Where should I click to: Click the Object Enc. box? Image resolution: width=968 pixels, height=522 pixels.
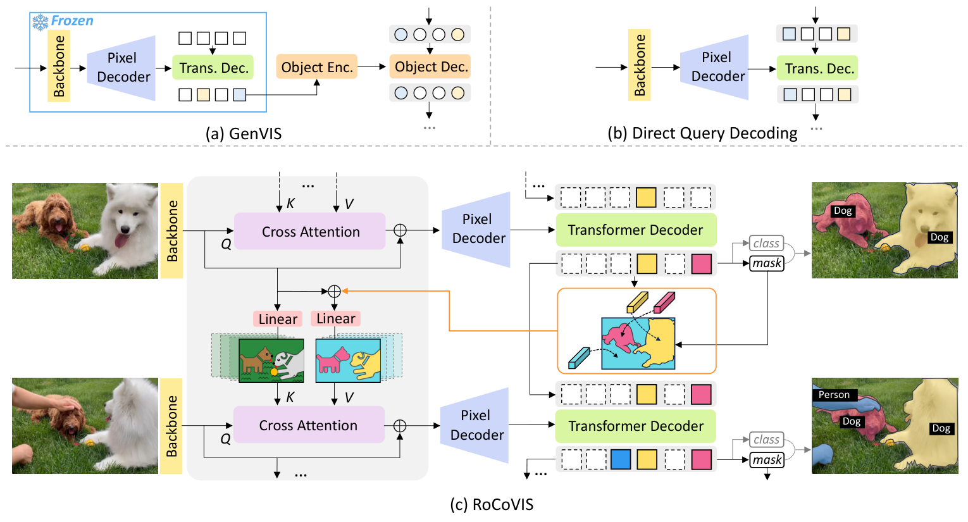tap(316, 67)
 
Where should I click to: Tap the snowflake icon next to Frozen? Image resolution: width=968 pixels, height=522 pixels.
tap(40, 22)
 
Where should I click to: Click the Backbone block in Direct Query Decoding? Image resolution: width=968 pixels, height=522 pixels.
tap(640, 65)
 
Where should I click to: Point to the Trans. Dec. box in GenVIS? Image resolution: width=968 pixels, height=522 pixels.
tap(213, 68)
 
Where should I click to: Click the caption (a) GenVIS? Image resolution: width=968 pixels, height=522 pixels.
tap(243, 134)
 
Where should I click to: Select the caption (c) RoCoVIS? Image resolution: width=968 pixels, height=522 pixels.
tap(491, 504)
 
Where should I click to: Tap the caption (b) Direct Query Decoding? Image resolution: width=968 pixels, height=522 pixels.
tap(702, 133)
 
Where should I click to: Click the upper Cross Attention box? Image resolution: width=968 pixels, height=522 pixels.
tap(310, 232)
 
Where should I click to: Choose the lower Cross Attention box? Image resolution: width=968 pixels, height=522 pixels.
tap(309, 425)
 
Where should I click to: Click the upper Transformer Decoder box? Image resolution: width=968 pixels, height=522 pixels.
tap(635, 230)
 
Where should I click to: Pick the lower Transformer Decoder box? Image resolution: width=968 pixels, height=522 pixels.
tap(635, 426)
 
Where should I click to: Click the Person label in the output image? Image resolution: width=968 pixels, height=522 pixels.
tap(834, 395)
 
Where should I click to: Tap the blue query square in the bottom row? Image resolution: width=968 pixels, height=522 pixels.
tap(620, 459)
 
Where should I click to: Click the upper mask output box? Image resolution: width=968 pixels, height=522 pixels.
tap(767, 263)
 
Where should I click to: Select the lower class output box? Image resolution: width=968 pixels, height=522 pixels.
tap(766, 439)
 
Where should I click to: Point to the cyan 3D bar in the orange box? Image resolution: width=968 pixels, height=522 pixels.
tap(579, 357)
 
